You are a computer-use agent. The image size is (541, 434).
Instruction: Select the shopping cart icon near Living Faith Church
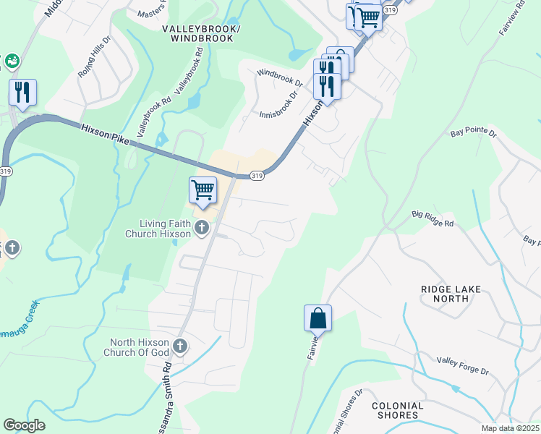click(203, 190)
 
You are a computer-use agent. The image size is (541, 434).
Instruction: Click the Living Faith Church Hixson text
click(158, 229)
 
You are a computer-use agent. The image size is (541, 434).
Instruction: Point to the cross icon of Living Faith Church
click(202, 229)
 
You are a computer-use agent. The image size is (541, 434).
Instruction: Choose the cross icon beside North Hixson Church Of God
click(179, 347)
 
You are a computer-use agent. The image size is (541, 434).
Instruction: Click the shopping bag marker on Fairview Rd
click(318, 318)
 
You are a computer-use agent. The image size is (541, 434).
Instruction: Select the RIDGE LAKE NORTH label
click(451, 293)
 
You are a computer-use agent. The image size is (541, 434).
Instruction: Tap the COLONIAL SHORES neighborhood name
click(397, 410)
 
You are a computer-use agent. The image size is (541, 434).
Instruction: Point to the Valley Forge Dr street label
click(463, 365)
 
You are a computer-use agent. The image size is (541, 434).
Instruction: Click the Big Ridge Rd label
click(433, 219)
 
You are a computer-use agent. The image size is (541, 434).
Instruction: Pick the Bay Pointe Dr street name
click(474, 134)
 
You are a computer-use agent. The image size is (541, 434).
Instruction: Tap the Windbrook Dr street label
click(278, 73)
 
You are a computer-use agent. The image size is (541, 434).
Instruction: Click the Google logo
click(24, 425)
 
